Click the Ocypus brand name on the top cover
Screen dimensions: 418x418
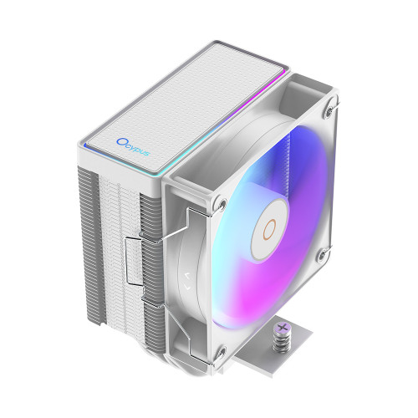133,147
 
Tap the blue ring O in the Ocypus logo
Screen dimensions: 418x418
121,142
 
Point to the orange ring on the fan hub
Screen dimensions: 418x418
269,229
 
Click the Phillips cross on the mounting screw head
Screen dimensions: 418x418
283,328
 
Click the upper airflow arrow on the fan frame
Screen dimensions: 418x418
187,276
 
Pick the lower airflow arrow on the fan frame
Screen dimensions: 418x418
187,287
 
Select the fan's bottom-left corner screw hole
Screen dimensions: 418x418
222,352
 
